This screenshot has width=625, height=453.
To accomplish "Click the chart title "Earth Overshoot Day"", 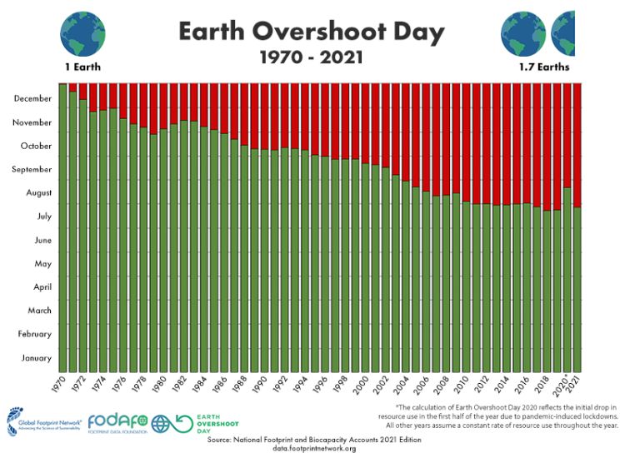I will [x=311, y=32].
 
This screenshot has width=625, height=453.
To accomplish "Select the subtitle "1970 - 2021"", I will [x=311, y=60].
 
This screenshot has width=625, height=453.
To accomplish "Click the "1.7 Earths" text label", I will [x=539, y=66].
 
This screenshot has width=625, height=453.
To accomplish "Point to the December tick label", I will [x=33, y=98].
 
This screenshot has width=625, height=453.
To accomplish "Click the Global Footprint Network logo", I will [x=42, y=421].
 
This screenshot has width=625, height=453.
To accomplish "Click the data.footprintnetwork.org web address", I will [x=314, y=448].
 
